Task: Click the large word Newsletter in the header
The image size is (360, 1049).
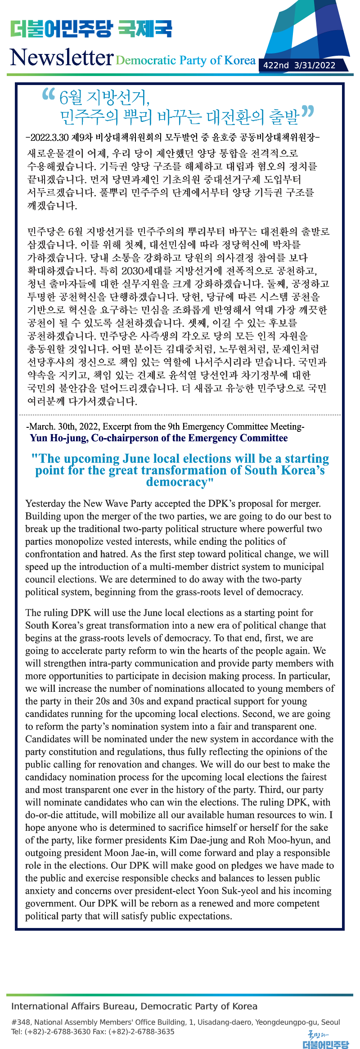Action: coord(62,58)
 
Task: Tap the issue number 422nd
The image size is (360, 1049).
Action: coord(276,65)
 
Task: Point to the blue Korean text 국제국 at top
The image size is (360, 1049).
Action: coord(145,29)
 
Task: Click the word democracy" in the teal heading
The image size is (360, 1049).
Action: coord(180,482)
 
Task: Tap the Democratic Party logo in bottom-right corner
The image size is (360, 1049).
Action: coord(325,1040)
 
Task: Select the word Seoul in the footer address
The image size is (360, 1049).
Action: coord(331,1022)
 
